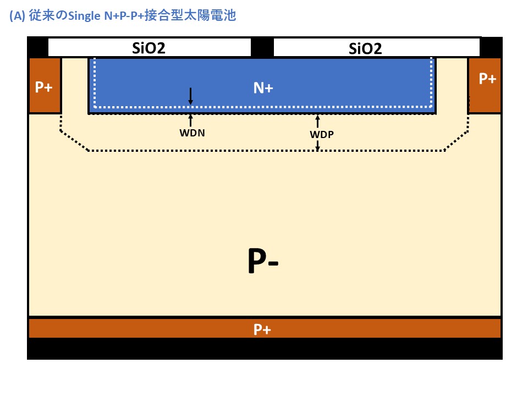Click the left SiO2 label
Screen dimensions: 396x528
click(x=148, y=48)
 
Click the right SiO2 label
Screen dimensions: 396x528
click(x=365, y=49)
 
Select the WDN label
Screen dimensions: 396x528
click(x=192, y=133)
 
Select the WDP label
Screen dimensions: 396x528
click(x=318, y=134)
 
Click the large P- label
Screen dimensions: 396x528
click(x=263, y=262)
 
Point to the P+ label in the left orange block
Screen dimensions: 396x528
click(x=43, y=87)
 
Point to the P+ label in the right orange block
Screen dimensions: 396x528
click(x=487, y=79)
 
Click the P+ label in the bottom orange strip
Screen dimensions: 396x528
click(x=262, y=329)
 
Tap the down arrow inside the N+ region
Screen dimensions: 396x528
click(x=190, y=96)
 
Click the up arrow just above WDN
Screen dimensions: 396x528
click(x=191, y=119)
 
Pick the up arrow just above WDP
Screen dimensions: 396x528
click(x=317, y=121)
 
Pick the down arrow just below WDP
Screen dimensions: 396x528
click(x=317, y=145)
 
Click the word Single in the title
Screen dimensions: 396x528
click(x=84, y=16)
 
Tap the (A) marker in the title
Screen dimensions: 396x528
click(x=17, y=16)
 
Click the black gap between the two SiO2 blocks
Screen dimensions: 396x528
click(x=262, y=48)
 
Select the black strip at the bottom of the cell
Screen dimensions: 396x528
click(x=264, y=349)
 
